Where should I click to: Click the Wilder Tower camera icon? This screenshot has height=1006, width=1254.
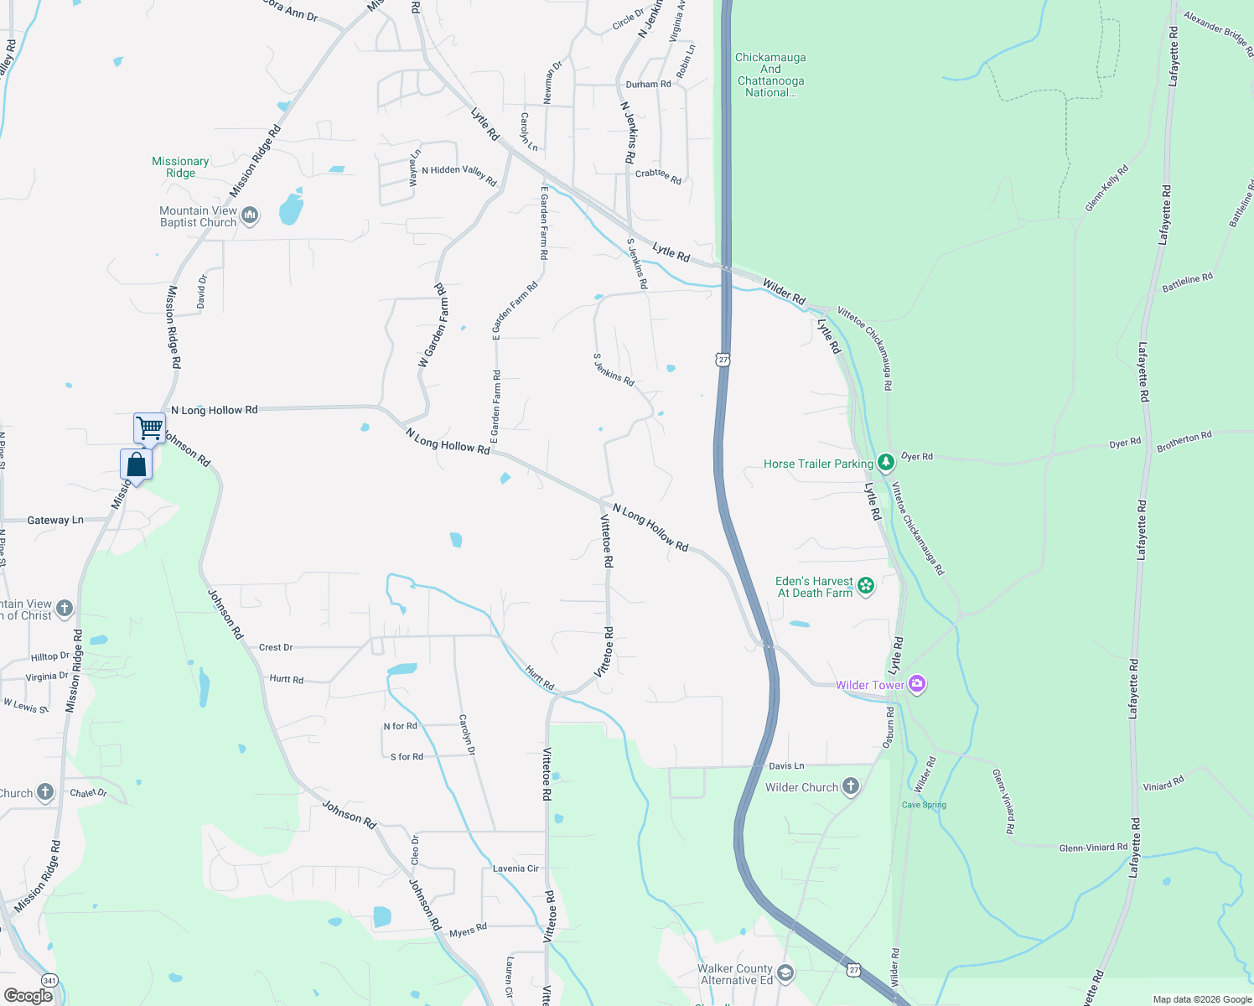coord(917,684)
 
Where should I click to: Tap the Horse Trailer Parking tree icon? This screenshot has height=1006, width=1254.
coord(886,464)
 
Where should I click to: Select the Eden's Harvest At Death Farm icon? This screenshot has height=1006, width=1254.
coord(866,586)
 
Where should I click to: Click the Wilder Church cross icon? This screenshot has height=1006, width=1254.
coord(851,786)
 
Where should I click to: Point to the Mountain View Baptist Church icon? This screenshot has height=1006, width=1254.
coord(250,216)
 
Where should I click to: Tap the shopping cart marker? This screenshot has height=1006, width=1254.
coord(149,428)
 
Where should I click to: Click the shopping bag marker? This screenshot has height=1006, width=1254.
coord(136,464)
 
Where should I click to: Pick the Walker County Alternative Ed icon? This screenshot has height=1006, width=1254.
coord(785,972)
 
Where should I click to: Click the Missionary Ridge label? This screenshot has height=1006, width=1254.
coord(180,167)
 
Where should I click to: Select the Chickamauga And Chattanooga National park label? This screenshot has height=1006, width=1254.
coord(770,75)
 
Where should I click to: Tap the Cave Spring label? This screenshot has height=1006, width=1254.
coord(924,805)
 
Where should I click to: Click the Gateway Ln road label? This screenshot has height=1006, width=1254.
coord(55,520)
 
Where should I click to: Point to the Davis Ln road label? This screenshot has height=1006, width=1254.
coord(786,765)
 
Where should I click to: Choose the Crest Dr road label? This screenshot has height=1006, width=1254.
coord(276,647)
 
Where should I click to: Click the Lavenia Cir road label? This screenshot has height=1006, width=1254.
coord(516,869)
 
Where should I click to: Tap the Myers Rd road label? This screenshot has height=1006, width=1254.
coord(468,931)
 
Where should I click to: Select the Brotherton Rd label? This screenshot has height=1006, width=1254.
coord(1184,441)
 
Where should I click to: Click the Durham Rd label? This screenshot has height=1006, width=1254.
coord(648,84)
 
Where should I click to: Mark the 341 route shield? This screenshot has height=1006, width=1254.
coord(50,980)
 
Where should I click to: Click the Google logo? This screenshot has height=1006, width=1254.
coord(28,996)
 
